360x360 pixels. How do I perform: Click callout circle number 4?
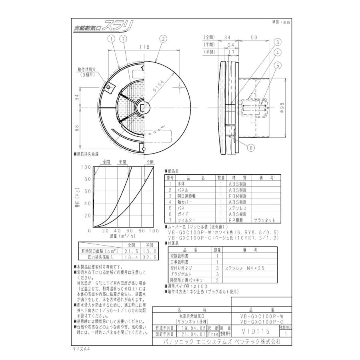(x=277, y=52)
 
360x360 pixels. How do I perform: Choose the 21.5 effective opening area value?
(x=132, y=251)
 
